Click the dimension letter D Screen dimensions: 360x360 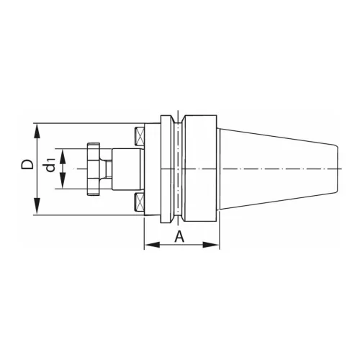coord(27,165)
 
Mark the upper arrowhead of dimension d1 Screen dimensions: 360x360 coord(63,153)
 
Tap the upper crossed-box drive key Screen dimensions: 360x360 coord(137,134)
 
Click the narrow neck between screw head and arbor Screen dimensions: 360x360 coord(107,168)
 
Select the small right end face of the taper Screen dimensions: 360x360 coord(338,168)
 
